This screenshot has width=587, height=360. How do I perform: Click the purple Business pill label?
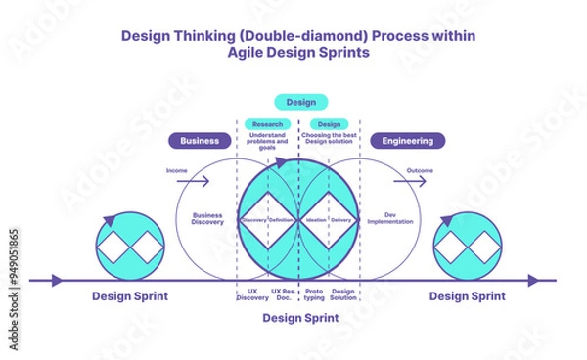point(200,141)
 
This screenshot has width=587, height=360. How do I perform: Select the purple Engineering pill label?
point(407,141)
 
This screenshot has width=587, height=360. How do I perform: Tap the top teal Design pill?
point(300,102)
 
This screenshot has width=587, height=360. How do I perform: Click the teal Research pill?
point(267,124)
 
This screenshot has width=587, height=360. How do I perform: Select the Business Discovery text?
point(207,218)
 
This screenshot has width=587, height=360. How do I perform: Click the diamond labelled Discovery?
point(253,220)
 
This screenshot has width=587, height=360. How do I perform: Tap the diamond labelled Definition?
point(282,220)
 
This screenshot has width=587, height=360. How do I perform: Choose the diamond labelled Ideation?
point(316,220)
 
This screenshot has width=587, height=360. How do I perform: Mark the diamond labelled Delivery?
point(341,220)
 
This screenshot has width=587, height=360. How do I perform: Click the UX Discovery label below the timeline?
point(252,294)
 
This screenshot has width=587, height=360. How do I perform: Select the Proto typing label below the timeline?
point(314,294)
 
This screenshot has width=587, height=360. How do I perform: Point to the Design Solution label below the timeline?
point(343,294)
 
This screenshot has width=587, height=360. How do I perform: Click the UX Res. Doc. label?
point(283,294)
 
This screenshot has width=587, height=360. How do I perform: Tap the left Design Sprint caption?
point(129,296)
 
